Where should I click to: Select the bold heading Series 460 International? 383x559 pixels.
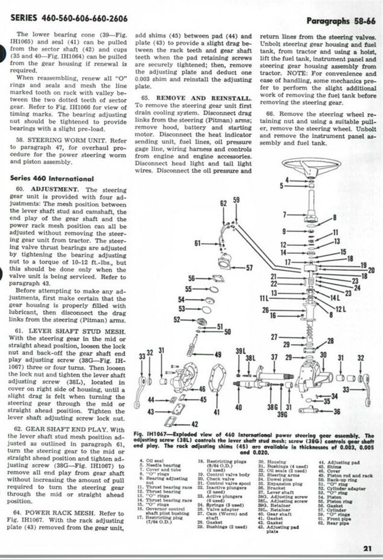[x=45, y=178]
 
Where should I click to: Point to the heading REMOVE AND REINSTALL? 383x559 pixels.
[x=198, y=97]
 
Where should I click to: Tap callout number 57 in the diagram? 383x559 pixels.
[x=249, y=267]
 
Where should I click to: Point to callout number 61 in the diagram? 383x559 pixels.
[x=197, y=243]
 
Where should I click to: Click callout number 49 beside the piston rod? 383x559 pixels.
[x=218, y=354]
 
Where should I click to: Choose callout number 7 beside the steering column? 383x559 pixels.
[x=284, y=214]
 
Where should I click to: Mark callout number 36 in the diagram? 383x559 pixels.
[x=350, y=412]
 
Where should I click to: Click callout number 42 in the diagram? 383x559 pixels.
[x=194, y=423]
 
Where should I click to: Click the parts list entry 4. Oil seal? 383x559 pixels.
[x=149, y=462]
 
